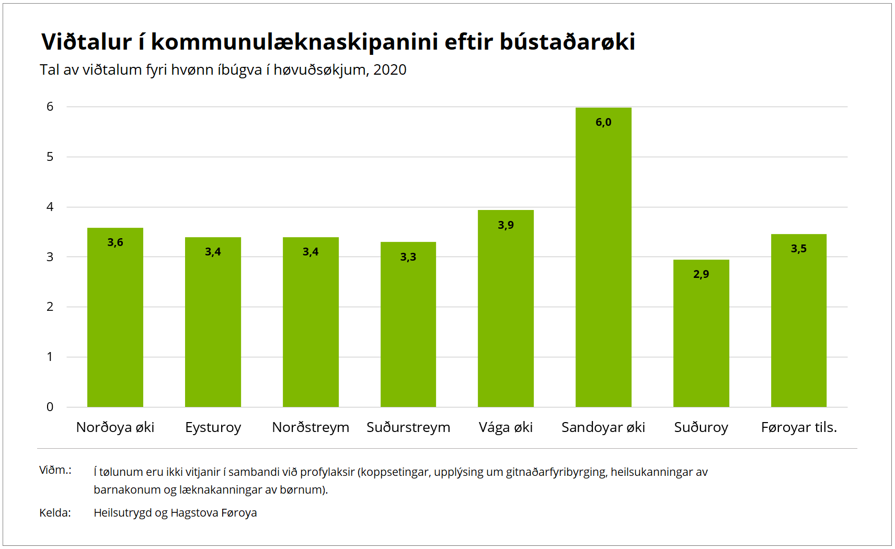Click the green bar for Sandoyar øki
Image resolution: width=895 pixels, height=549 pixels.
(x=603, y=261)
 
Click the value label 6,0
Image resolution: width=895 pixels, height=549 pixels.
(x=603, y=122)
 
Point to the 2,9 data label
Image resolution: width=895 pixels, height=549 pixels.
(x=701, y=274)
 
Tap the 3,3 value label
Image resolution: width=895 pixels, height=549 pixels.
(x=408, y=257)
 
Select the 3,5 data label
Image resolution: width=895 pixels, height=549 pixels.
(x=798, y=249)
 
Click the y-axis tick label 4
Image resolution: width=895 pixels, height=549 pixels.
(x=50, y=207)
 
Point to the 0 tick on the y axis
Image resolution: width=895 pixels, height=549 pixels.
(x=50, y=407)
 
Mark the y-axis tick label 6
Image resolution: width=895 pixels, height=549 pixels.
(x=50, y=107)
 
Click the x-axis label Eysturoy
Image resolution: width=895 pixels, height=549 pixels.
(x=213, y=427)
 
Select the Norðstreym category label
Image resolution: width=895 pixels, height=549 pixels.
(x=311, y=427)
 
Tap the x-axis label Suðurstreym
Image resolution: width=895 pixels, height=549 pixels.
(x=408, y=427)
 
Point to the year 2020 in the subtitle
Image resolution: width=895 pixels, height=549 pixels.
(x=389, y=70)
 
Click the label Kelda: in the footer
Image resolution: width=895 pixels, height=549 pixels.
(x=55, y=513)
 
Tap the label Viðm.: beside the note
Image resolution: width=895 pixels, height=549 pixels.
(x=55, y=470)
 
